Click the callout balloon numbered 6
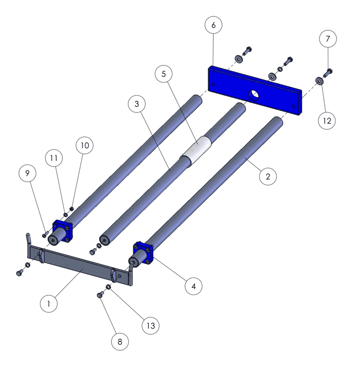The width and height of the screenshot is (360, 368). coord(213,25)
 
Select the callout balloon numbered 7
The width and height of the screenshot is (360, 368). coord(328,39)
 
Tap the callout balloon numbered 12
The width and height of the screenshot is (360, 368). coord(327,121)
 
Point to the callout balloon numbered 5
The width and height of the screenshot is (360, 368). coord(164,74)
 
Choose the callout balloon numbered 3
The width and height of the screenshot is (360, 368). coord(137,104)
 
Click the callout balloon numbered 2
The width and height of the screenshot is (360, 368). coord(268,176)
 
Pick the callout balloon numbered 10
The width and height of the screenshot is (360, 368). coord(84,145)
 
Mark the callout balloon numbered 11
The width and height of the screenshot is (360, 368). coord(54,158)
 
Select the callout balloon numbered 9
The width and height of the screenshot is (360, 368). coord(27,173)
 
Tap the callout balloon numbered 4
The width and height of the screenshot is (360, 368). coord(193,286)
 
